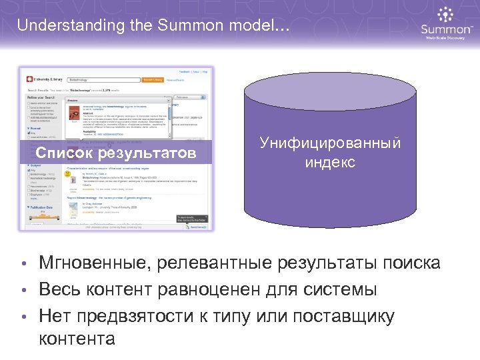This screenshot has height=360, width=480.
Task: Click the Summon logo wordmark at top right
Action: click(446, 29)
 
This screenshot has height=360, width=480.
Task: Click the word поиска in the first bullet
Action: click(411, 263)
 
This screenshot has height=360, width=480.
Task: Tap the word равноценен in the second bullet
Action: click(205, 289)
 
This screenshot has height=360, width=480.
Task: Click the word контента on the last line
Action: click(77, 339)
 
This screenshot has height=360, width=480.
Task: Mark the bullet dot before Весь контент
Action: click(23, 291)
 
